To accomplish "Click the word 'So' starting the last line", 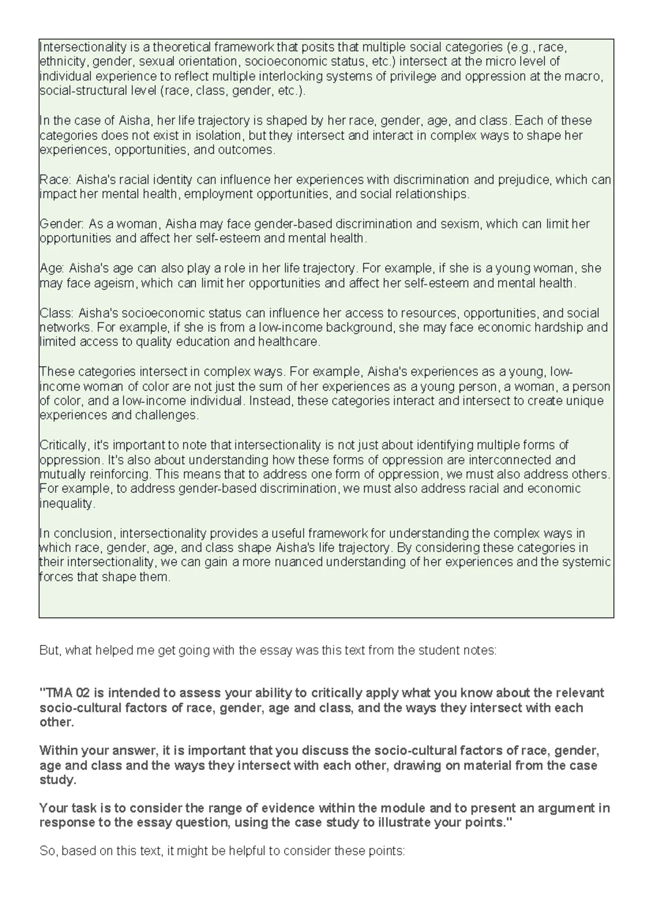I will click(x=47, y=851).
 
